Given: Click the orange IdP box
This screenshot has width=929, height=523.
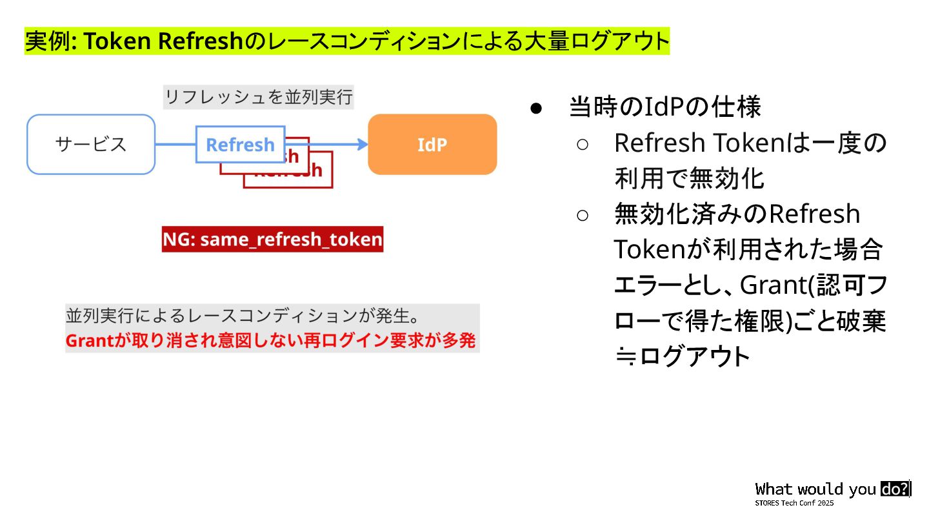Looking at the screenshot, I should click(x=432, y=145).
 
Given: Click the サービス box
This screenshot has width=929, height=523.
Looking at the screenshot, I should click(x=91, y=145).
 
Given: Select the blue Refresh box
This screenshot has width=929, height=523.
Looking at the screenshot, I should click(x=240, y=145).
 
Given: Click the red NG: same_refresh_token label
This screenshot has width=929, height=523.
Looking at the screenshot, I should click(x=272, y=240).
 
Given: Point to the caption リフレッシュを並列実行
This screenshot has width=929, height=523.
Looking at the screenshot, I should click(x=259, y=97).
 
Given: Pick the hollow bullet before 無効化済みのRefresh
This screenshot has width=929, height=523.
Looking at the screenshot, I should click(x=582, y=215).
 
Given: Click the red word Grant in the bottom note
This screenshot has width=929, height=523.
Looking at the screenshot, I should click(x=90, y=341).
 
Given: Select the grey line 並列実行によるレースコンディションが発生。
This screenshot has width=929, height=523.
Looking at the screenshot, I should click(x=243, y=316).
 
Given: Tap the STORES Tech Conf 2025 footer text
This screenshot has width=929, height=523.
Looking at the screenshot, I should click(x=794, y=503).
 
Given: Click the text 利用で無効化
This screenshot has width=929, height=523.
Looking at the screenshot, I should click(x=689, y=179).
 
